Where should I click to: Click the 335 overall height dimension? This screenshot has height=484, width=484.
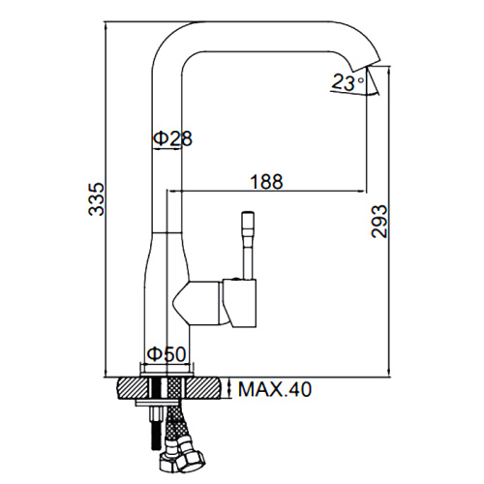click(97, 199)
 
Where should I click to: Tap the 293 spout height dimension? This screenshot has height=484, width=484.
click(378, 222)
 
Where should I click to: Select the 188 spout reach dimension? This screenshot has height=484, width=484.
click(267, 181)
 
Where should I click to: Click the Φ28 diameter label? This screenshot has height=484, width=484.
click(172, 138)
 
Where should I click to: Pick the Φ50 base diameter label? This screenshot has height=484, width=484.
click(166, 354)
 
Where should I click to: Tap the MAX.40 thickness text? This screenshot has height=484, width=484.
click(275, 389)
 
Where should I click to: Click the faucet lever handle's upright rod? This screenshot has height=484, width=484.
click(248, 245)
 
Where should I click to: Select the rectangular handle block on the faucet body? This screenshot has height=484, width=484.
click(239, 303)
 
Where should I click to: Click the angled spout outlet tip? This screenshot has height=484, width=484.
click(365, 66)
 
